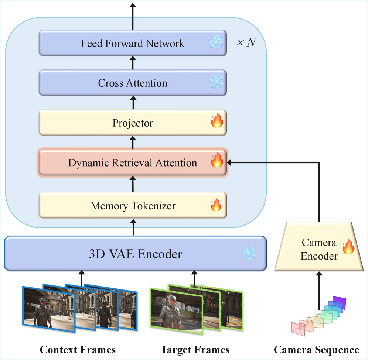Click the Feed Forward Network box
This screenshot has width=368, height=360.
(132, 43)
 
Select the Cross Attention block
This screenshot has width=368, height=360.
(132, 83)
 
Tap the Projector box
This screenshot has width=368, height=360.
(132, 123)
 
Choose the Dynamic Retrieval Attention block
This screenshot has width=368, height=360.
(132, 163)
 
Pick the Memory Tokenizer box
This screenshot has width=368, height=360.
(132, 205)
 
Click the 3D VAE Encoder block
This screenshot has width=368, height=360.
(135, 254)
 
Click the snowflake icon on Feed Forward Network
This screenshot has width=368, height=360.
(216, 43)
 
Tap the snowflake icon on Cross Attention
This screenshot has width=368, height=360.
(216, 83)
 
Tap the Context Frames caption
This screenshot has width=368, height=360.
(78, 350)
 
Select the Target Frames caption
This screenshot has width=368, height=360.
(195, 350)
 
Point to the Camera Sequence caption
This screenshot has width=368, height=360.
(316, 350)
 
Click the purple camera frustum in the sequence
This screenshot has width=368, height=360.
(339, 302)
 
